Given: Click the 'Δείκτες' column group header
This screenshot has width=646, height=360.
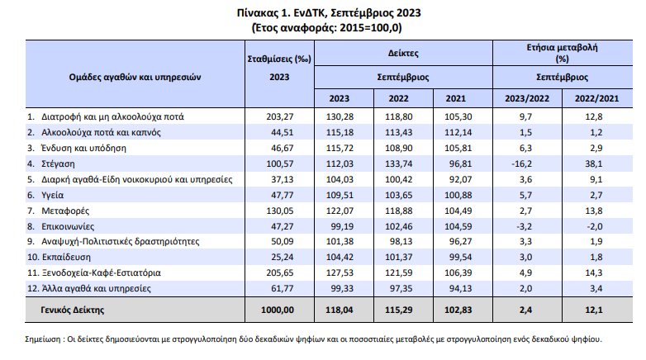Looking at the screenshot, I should (404, 51).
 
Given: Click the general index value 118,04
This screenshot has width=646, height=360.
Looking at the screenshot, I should (345, 310).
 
